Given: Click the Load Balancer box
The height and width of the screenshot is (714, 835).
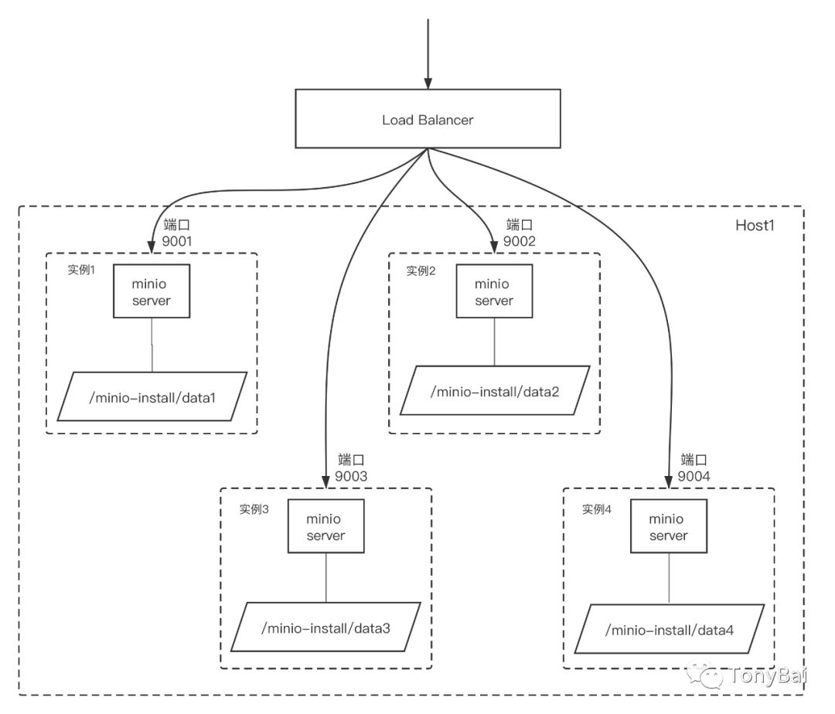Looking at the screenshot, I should coord(428,119).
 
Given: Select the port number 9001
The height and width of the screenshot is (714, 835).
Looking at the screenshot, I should coord(177,241).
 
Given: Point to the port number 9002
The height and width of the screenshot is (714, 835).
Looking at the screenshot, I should coord(520,240).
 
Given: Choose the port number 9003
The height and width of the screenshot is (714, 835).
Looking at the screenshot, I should coord(351,476).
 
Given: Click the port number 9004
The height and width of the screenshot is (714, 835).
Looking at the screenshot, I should coord(694,476).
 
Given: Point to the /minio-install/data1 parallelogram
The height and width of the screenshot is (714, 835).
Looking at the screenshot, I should coord(152,397).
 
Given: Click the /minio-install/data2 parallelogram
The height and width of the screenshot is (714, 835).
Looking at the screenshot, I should coord(494,391).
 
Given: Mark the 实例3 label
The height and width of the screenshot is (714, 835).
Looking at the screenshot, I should coord(254,509).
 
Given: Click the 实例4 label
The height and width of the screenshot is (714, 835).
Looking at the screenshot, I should coord(597,509).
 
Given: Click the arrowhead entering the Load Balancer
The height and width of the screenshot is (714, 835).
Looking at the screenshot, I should coord(428,83).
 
